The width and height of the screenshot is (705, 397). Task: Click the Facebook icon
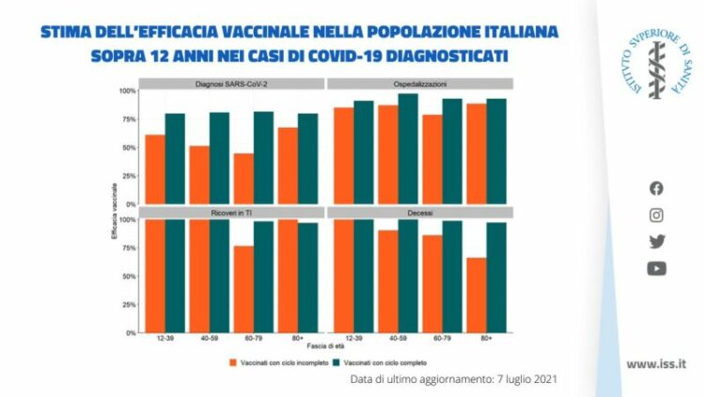(x=656, y=188)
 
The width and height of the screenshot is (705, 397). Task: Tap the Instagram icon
(x=656, y=214)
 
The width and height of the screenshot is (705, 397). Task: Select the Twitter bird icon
(x=656, y=241)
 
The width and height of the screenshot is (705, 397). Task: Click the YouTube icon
(x=656, y=268)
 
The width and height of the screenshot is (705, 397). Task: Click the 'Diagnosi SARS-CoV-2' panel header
(x=230, y=84)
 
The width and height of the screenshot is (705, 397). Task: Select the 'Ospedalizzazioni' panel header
(x=419, y=84)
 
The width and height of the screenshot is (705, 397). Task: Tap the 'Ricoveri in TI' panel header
(x=230, y=213)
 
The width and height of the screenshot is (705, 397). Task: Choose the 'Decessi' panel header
(x=419, y=213)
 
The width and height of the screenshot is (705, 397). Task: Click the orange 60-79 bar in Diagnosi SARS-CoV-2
(x=243, y=179)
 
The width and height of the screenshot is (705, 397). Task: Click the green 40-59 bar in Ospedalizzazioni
(x=408, y=149)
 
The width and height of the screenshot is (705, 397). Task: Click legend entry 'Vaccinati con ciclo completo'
(x=384, y=361)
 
